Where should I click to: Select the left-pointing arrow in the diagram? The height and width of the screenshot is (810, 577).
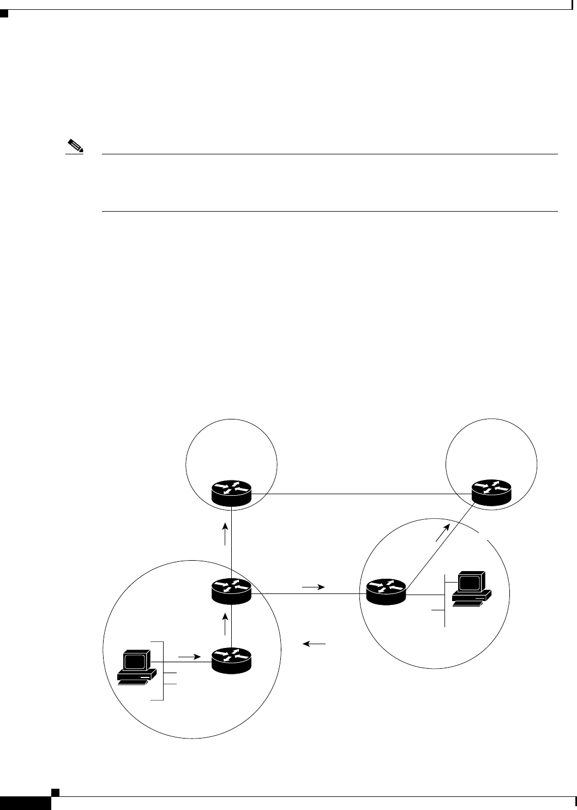315,644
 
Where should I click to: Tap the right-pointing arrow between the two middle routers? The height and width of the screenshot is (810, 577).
313,587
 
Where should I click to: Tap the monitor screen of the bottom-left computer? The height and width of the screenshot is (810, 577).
135,661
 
